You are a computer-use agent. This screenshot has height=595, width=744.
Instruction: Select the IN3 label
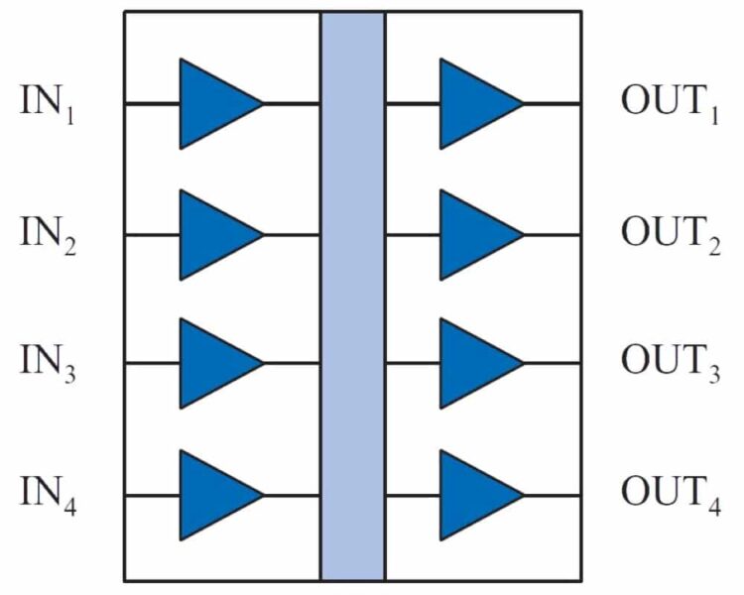pyautogui.click(x=48, y=363)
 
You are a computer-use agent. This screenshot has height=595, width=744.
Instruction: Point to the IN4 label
pyautogui.click(x=48, y=495)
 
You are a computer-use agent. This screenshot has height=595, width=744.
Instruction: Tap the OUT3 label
pyautogui.click(x=671, y=363)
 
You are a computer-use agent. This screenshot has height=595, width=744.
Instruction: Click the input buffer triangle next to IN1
pyautogui.click(x=213, y=103)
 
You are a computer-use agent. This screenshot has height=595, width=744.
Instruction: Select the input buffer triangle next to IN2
pyautogui.click(x=213, y=235)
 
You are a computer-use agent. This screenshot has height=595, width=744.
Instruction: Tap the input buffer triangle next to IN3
pyautogui.click(x=213, y=363)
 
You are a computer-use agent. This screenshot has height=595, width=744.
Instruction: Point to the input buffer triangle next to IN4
pyautogui.click(x=213, y=496)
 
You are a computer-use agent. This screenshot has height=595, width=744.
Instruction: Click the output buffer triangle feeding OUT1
pyautogui.click(x=474, y=103)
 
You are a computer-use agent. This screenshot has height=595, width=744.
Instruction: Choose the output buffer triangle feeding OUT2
pyautogui.click(x=474, y=235)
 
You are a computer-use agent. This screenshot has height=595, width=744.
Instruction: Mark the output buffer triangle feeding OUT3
pyautogui.click(x=474, y=363)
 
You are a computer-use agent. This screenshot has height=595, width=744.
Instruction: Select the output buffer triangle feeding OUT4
pyautogui.click(x=474, y=496)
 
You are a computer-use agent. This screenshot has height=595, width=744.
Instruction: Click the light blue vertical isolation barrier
pyautogui.click(x=353, y=297)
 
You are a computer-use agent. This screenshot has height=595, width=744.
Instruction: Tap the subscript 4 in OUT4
pyautogui.click(x=715, y=506)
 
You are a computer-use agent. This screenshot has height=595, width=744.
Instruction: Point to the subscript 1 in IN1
pyautogui.click(x=70, y=115)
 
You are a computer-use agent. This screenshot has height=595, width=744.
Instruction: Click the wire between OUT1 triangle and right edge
pyautogui.click(x=553, y=103)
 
